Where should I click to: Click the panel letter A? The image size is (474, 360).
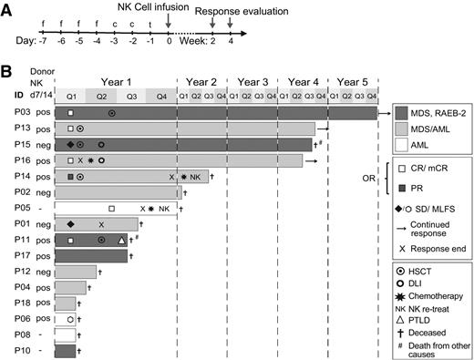click(x=8, y=9)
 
